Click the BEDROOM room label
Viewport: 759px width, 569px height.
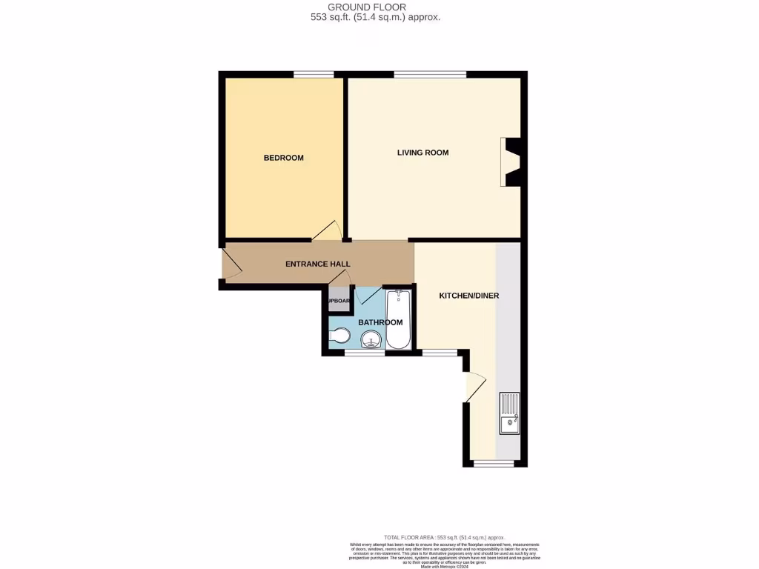click(284, 158)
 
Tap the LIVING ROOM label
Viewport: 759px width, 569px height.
click(422, 153)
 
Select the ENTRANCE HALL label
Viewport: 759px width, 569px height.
click(318, 264)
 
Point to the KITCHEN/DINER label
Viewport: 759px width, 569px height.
click(468, 296)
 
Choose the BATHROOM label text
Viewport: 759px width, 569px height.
click(380, 322)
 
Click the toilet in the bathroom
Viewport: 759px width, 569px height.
click(339, 336)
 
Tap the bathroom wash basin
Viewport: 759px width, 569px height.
click(371, 340)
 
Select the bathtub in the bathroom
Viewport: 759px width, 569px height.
click(398, 319)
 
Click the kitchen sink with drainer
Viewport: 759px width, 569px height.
click(510, 413)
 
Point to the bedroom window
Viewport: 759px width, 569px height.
click(313, 74)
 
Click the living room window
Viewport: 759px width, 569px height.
click(430, 74)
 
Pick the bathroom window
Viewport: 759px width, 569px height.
click(365, 353)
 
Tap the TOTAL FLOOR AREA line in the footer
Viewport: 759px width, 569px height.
click(444, 537)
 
